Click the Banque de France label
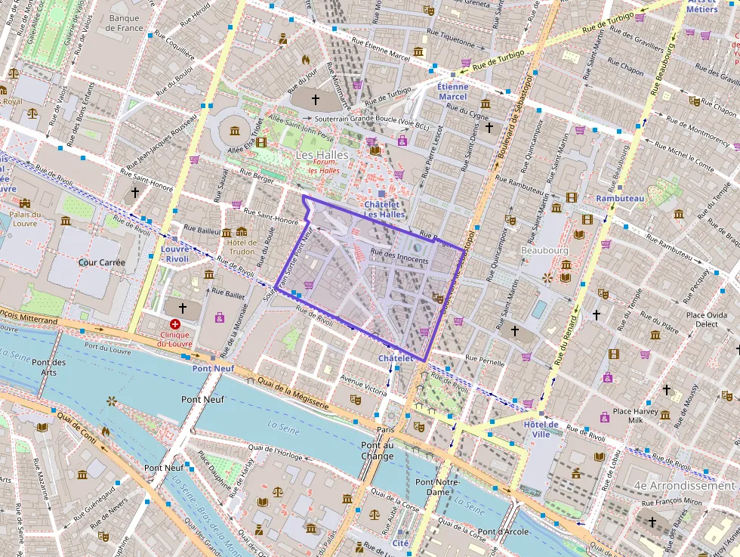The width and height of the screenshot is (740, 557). [125, 23]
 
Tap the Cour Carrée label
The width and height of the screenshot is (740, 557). [101, 263]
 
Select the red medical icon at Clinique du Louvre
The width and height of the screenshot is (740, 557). [175, 323]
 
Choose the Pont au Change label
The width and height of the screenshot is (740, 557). [377, 450]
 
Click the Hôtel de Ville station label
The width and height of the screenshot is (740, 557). [541, 429]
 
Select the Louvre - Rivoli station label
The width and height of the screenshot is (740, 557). [174, 253]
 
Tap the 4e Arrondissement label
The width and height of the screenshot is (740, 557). [684, 486]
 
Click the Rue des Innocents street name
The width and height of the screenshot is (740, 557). [399, 261]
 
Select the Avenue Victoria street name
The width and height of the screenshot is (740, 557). [365, 385]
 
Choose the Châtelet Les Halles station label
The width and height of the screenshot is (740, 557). [385, 209]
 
